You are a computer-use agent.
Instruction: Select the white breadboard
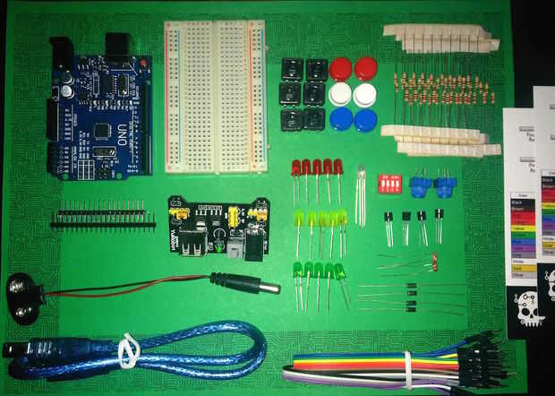pos(215,96)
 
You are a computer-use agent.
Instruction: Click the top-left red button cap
pos(340,69)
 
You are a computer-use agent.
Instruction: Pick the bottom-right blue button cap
pos(364,120)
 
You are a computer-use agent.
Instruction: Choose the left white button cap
pos(340,94)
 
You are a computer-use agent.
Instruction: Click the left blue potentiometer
pos(418,186)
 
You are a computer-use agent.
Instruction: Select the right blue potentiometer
pos(442,186)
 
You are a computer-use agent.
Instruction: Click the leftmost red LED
pos(295,168)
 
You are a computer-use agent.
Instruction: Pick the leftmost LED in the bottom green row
pos(295,270)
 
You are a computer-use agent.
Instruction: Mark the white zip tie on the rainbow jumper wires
pos(408,367)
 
